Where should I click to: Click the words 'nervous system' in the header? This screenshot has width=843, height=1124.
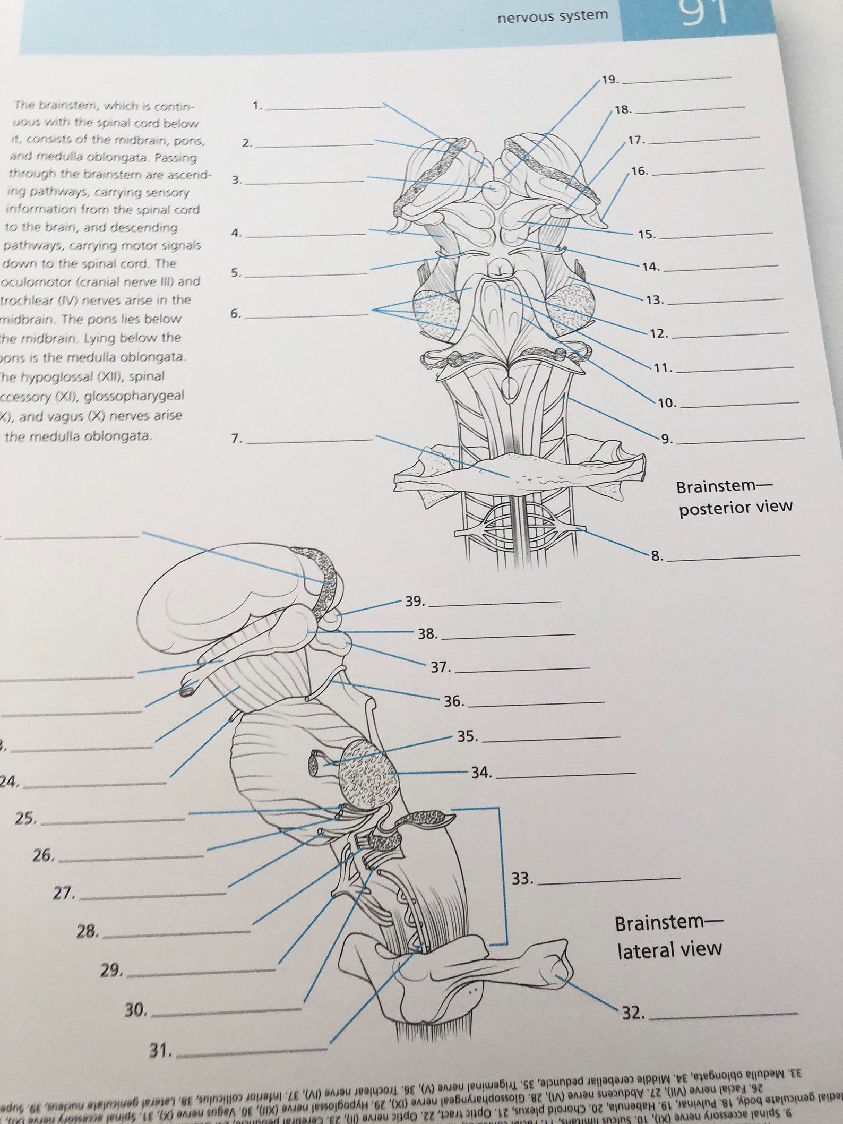[552, 16]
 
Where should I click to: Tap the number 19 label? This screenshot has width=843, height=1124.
[610, 80]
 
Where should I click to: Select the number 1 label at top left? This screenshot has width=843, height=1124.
[257, 106]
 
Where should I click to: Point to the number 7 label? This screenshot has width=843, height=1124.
[237, 439]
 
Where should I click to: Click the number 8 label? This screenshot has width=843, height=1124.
[657, 556]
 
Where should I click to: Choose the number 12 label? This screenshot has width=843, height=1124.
[658, 334]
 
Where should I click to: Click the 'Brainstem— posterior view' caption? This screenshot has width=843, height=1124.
[735, 497]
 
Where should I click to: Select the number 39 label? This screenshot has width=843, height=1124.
[415, 602]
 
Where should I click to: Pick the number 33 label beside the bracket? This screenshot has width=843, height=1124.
[522, 879]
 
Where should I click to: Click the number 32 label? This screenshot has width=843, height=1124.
[633, 1013]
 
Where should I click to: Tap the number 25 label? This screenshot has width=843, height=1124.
[25, 819]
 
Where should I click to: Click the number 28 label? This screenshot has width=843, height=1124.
[88, 931]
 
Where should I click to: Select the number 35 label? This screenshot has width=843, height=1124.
[468, 736]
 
